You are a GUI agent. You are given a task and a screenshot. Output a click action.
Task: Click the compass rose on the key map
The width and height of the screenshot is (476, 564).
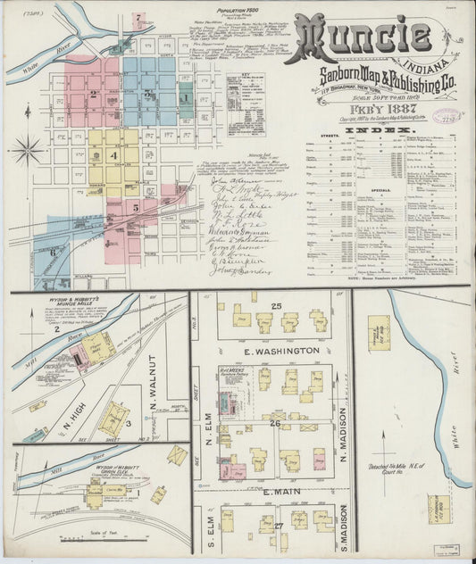[27, 149]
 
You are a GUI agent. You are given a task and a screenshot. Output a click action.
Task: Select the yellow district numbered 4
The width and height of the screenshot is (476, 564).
[113, 153]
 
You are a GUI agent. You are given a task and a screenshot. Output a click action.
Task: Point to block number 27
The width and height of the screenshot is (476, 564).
[279, 526]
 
